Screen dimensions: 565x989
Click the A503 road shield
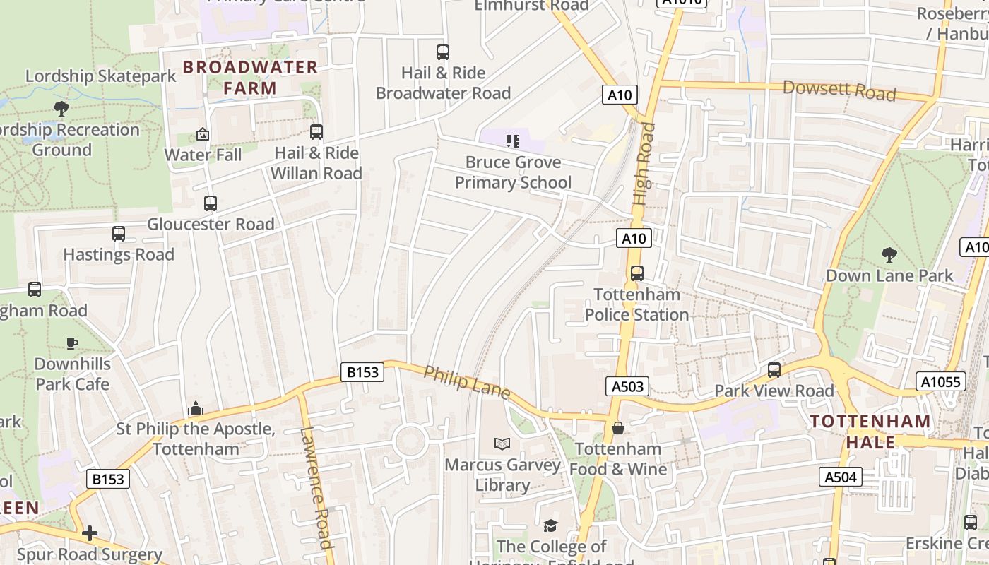(x=627, y=386)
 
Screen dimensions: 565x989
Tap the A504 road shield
(x=841, y=477)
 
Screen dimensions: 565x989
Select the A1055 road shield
(x=941, y=382)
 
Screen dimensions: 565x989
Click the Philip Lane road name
(x=466, y=382)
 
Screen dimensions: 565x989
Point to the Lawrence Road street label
(x=316, y=487)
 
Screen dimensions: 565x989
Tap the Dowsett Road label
(x=839, y=90)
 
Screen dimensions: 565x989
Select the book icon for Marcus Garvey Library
(x=502, y=444)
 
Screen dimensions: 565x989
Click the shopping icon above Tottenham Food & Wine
(x=618, y=428)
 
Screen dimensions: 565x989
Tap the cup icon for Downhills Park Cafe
(x=71, y=343)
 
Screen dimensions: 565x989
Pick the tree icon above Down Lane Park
(x=889, y=254)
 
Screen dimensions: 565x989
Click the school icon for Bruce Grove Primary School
(x=513, y=141)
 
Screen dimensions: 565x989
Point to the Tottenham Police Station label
(x=636, y=304)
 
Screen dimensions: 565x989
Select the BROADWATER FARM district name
(x=251, y=78)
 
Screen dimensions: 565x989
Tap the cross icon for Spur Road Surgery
(x=90, y=533)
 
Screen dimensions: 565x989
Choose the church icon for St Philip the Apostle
(x=196, y=408)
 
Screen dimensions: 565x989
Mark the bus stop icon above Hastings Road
(x=119, y=234)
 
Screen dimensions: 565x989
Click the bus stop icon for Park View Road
(x=774, y=370)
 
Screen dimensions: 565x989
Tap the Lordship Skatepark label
(x=101, y=76)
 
